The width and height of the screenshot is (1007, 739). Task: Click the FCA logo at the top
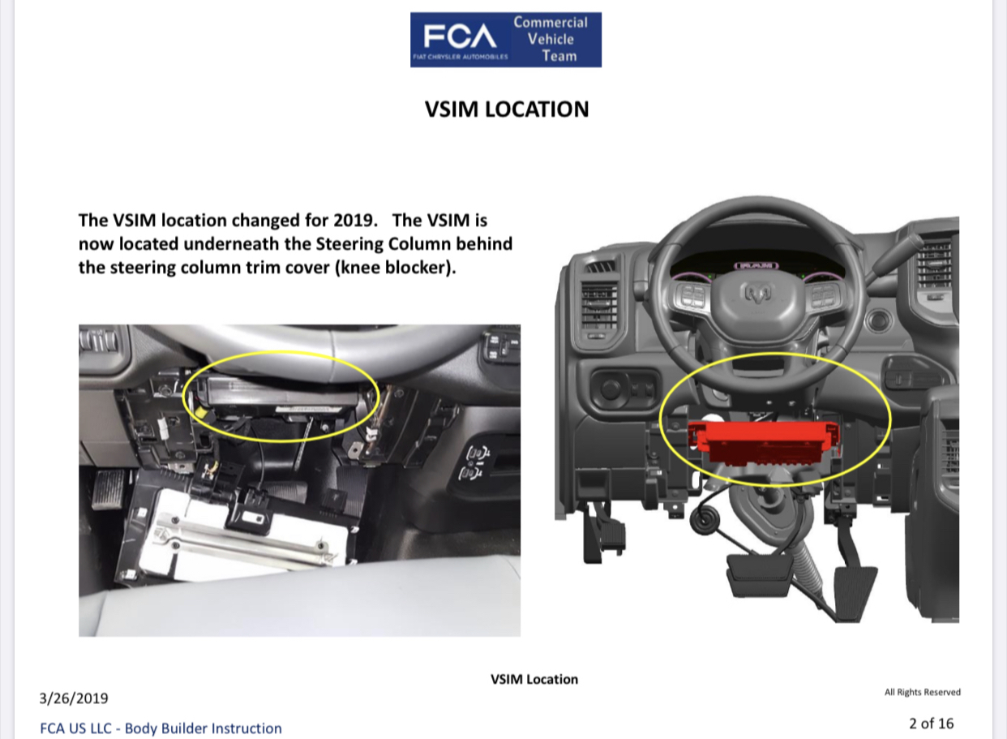(x=460, y=40)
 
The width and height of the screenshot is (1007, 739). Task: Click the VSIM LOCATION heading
(x=507, y=110)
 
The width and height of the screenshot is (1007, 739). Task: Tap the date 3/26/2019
(x=74, y=698)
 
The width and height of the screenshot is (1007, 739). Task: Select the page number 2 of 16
(x=931, y=724)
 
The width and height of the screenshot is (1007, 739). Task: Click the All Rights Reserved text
(x=923, y=692)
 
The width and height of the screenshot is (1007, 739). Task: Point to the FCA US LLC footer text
(x=161, y=728)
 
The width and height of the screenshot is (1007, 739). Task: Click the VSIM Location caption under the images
(x=534, y=679)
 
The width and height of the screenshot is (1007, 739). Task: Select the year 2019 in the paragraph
(x=353, y=221)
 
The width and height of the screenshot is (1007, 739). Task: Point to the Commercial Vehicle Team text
(x=551, y=39)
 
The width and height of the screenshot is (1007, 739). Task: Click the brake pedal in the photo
(x=109, y=488)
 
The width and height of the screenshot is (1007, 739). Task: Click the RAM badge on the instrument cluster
(x=756, y=265)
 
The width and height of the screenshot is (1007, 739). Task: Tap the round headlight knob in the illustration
(x=610, y=389)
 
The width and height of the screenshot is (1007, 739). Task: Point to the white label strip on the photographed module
(x=307, y=409)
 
